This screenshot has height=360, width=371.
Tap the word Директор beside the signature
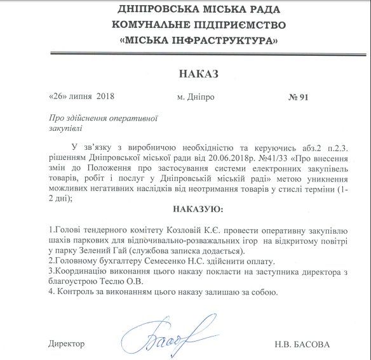66,343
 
